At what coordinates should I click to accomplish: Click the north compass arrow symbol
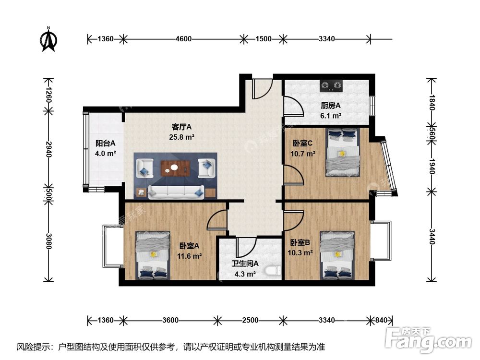pyautogui.click(x=48, y=40)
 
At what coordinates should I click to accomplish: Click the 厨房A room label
pyautogui.click(x=330, y=106)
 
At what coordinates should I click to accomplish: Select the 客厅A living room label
pyautogui.click(x=182, y=127)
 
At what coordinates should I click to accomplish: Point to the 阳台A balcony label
pyautogui.click(x=105, y=143)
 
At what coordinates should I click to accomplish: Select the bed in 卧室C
pyautogui.click(x=342, y=152)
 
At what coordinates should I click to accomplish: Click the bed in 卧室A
pyautogui.click(x=153, y=255)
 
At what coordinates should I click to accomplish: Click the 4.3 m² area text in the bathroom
pyautogui.click(x=245, y=275)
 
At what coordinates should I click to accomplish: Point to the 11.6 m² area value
pyautogui.click(x=191, y=255)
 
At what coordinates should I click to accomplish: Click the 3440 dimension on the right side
pyautogui.click(x=432, y=237)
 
